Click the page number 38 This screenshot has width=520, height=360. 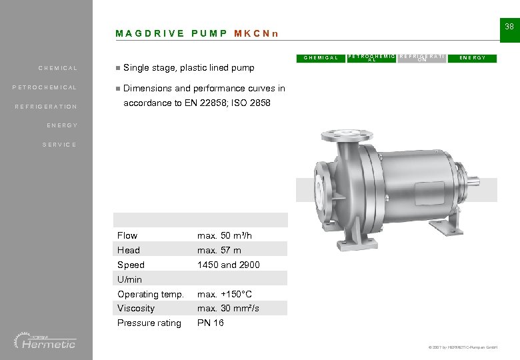coord(509,27)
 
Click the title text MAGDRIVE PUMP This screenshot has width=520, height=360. coord(171,33)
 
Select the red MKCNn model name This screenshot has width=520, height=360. coord(257,33)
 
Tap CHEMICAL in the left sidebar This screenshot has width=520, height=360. coord(58,68)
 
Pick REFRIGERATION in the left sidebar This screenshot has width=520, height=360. coord(46,107)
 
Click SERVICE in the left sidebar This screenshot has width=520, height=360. coord(59,145)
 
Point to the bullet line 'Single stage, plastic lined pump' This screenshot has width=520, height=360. coord(189,68)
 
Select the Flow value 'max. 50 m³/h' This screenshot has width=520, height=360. coord(225,235)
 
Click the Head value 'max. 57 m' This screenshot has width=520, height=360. coord(219,250)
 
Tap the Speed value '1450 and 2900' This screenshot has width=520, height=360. coord(229,265)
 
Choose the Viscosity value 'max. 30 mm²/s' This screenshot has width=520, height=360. coord(228,308)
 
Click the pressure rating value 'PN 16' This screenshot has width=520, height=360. coord(211,323)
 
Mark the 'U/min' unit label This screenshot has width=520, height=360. coord(130,279)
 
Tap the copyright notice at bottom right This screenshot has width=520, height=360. coord(461,348)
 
